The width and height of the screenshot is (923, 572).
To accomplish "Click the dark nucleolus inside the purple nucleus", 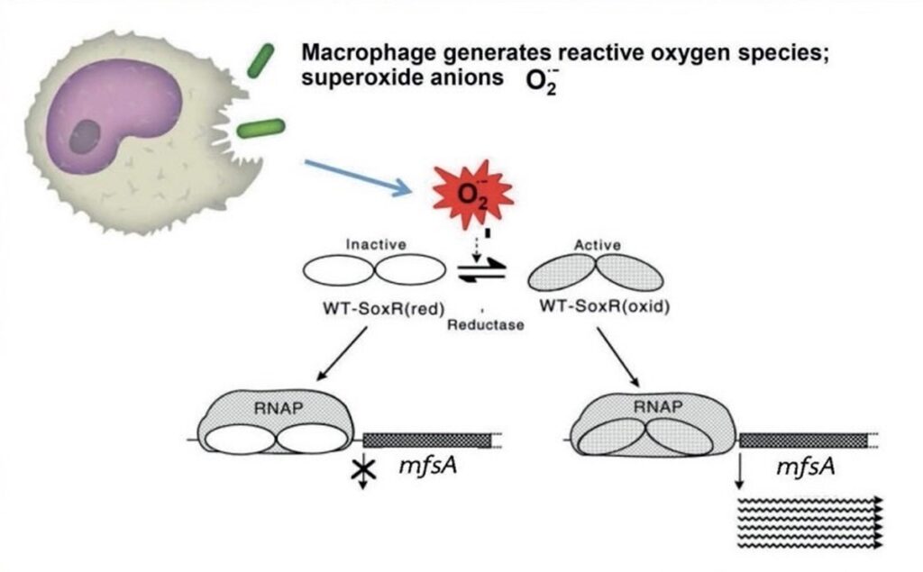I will pos(86,137).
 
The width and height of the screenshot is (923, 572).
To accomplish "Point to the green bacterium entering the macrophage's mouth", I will pos(260,128).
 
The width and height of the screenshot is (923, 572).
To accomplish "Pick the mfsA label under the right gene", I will pos(804,468).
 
